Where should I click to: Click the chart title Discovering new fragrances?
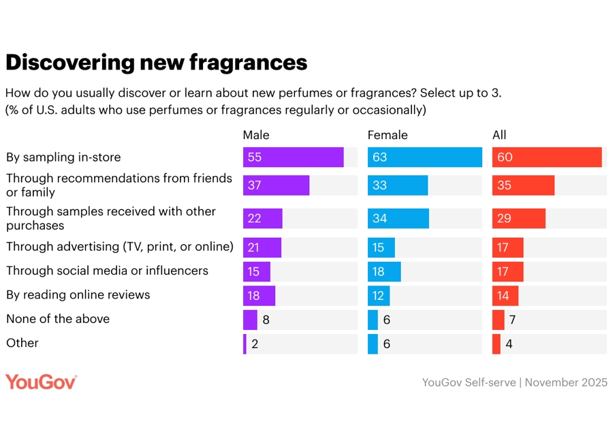point(156,63)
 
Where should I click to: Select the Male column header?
point(256,135)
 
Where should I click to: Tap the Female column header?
point(388,135)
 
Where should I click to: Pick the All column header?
point(499,135)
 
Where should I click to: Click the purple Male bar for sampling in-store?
point(293,157)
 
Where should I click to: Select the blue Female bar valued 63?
point(424,157)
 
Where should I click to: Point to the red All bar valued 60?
point(547,157)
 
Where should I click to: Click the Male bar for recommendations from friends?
point(276,185)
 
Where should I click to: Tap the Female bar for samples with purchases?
point(398,218)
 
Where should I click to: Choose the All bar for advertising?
point(507,247)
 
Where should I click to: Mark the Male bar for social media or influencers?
point(256,271)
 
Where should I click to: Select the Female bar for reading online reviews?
point(378,296)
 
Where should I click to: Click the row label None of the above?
point(58,319)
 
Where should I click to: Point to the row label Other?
point(22,343)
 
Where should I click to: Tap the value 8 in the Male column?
point(266,320)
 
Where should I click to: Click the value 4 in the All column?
point(509,344)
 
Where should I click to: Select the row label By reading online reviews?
point(78,294)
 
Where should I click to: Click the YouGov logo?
point(41,382)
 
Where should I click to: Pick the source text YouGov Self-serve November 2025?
point(514,382)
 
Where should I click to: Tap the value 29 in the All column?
point(504,218)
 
